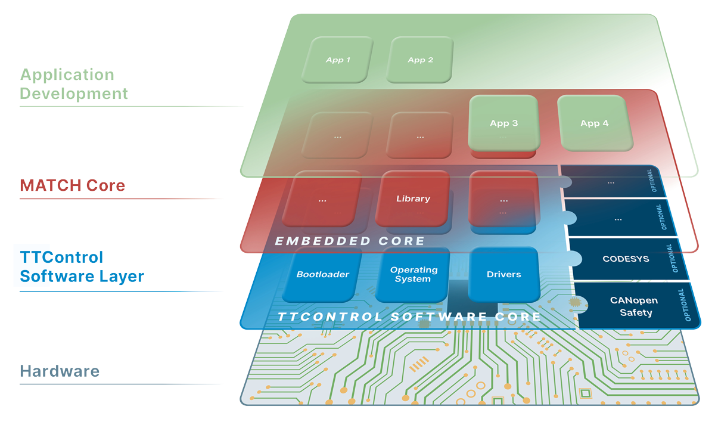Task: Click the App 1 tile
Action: [338, 60]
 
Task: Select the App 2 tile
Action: [420, 60]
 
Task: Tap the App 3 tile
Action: [503, 123]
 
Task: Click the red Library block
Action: [413, 198]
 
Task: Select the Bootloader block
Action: [322, 274]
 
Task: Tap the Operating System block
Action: [414, 274]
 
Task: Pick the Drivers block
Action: [503, 274]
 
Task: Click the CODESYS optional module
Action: [618, 259]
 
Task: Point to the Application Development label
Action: [74, 84]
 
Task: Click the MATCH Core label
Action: [73, 185]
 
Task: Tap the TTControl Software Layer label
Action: [82, 267]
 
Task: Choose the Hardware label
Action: [60, 371]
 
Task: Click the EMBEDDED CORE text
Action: [349, 241]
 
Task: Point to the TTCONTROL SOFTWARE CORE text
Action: [409, 317]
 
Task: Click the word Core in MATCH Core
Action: [106, 185]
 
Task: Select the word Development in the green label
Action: [74, 94]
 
